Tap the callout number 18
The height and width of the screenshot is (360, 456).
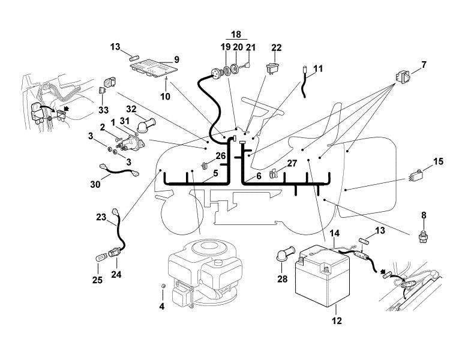click(236, 34)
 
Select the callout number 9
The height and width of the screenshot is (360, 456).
click(177, 59)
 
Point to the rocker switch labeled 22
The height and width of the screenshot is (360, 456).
click(273, 68)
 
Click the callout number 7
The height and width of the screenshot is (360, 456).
click(424, 65)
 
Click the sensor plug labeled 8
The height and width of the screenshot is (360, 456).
click(423, 236)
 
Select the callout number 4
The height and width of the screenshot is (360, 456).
click(162, 306)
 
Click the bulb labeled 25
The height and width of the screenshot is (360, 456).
click(101, 257)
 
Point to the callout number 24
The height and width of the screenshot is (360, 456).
click(116, 274)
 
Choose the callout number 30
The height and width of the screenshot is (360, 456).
click(95, 184)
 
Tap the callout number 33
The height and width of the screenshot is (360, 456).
click(104, 110)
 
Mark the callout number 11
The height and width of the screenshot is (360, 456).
click(318, 69)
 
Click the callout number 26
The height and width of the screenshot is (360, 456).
click(221, 156)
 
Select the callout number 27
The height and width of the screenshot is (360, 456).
click(292, 163)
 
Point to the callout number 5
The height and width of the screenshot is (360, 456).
click(215, 173)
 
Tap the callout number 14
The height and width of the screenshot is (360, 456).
click(335, 233)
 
